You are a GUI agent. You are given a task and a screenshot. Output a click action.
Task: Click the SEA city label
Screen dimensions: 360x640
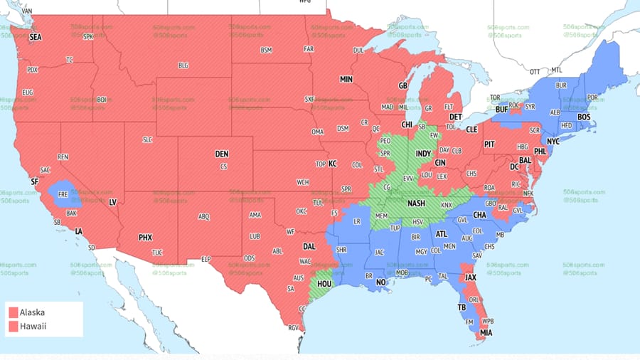point(35,38)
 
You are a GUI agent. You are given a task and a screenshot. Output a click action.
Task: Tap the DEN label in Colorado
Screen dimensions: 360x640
point(222,154)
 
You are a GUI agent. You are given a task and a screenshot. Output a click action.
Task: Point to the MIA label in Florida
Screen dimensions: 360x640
point(485,332)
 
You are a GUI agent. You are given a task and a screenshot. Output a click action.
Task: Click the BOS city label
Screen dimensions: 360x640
point(584,117)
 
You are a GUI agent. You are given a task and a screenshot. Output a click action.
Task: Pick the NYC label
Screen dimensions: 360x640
point(553,142)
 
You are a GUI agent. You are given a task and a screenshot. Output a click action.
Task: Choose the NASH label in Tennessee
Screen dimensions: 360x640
point(416,203)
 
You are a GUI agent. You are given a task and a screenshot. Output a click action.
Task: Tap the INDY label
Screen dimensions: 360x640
point(423,153)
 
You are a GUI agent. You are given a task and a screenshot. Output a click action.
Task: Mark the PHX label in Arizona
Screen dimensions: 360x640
point(145,237)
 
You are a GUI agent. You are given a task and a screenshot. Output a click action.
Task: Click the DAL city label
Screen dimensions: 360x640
point(309,246)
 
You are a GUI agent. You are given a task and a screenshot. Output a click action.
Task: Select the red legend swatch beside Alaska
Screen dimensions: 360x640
point(13,312)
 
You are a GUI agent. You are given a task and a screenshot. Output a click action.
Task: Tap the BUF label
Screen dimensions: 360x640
point(502,109)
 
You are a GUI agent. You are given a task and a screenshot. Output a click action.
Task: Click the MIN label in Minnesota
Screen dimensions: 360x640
point(346,79)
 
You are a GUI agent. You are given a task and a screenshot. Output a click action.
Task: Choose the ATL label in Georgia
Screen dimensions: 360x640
point(442,233)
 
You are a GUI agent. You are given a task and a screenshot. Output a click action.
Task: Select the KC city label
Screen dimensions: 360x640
point(331,164)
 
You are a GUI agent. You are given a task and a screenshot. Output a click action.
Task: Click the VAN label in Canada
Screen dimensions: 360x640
point(27,12)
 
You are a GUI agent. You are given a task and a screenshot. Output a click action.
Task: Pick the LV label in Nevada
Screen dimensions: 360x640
point(112,202)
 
